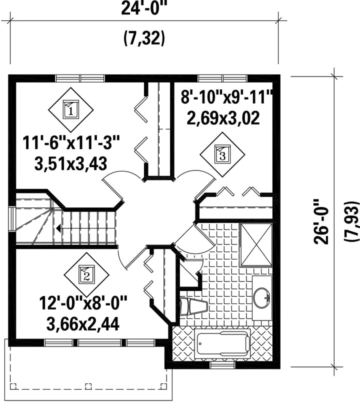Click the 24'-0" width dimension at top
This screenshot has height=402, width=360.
[x=144, y=8]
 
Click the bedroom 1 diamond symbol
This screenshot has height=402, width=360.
[x=71, y=109]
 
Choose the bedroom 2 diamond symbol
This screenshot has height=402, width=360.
[x=86, y=275]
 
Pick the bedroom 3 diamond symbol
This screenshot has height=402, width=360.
[x=222, y=154]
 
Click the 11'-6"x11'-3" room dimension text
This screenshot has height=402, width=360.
[x=71, y=143]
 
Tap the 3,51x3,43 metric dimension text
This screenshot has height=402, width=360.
[x=71, y=163]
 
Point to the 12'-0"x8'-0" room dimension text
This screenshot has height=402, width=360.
[x=83, y=303]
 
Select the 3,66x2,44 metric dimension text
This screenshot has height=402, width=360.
[x=83, y=324]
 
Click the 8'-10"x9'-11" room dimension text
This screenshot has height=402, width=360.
[x=226, y=97]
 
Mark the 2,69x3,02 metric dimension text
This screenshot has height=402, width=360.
[x=223, y=118]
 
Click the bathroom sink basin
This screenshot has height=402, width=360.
[x=261, y=297]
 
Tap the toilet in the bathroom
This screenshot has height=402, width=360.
[x=193, y=306]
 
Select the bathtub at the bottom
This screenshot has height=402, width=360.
[x=222, y=343]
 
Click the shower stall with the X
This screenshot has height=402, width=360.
[x=256, y=245]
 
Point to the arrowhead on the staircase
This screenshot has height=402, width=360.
[x=58, y=228]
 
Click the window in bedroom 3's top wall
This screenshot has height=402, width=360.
[x=222, y=78]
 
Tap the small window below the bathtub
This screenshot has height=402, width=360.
[x=222, y=365]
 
